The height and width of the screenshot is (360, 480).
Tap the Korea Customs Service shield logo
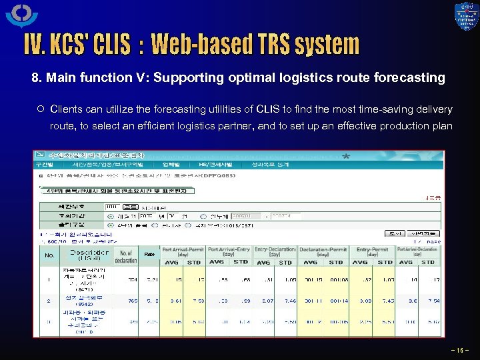(466, 17)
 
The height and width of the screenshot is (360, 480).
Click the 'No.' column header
(50, 255)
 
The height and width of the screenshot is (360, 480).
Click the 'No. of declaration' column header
(125, 255)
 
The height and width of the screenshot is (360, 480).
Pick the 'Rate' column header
(149, 254)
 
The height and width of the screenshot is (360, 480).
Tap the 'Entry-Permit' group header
(372, 251)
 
